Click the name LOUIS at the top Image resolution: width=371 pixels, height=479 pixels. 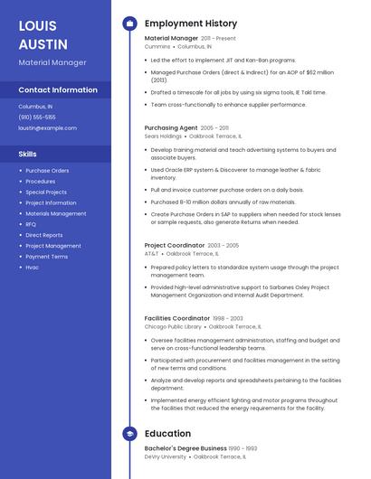point(37,24)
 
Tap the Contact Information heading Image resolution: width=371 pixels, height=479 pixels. point(58,90)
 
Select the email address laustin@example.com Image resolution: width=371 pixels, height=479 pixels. point(48,128)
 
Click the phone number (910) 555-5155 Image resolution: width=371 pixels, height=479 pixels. point(37,117)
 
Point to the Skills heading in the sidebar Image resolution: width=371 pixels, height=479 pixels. point(28,155)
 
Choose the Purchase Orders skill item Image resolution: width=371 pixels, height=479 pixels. point(47,171)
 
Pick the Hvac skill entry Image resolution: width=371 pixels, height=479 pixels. point(33,268)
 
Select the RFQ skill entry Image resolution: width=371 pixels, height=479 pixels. point(31,224)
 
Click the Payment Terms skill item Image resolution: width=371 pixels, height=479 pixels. point(46,257)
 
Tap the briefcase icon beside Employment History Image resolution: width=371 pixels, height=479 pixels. point(129,23)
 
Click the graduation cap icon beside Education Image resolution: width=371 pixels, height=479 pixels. point(129,434)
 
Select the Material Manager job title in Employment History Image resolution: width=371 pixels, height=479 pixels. point(171,39)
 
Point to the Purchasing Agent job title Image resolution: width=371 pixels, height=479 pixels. point(171,128)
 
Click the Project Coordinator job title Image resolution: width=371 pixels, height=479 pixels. point(175,245)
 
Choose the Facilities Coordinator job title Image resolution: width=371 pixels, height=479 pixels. point(177,318)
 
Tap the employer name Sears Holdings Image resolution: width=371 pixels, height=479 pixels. point(163,136)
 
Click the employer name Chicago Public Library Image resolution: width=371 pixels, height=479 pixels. point(171,326)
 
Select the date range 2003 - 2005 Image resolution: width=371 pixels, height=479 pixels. point(224,245)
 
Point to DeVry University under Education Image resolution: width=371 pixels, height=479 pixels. point(166,457)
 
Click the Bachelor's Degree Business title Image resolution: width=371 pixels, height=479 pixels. point(185,448)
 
